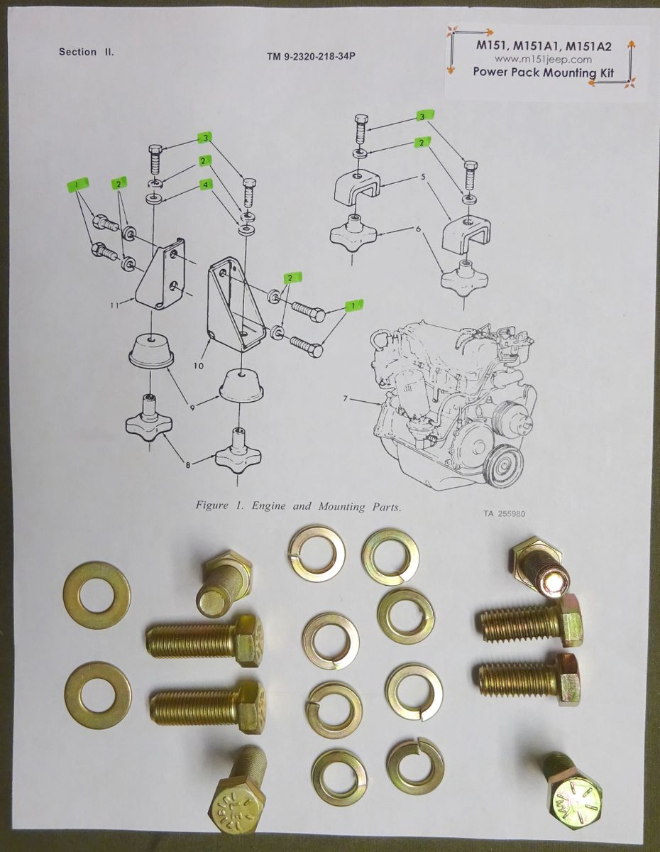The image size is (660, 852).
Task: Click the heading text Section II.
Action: pyautogui.click(x=86, y=52)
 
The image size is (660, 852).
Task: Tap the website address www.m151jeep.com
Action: pyautogui.click(x=543, y=60)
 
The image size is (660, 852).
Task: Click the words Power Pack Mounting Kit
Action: pyautogui.click(x=543, y=72)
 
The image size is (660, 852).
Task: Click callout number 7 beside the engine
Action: pyautogui.click(x=346, y=399)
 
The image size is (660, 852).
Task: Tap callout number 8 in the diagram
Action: pyautogui.click(x=187, y=465)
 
